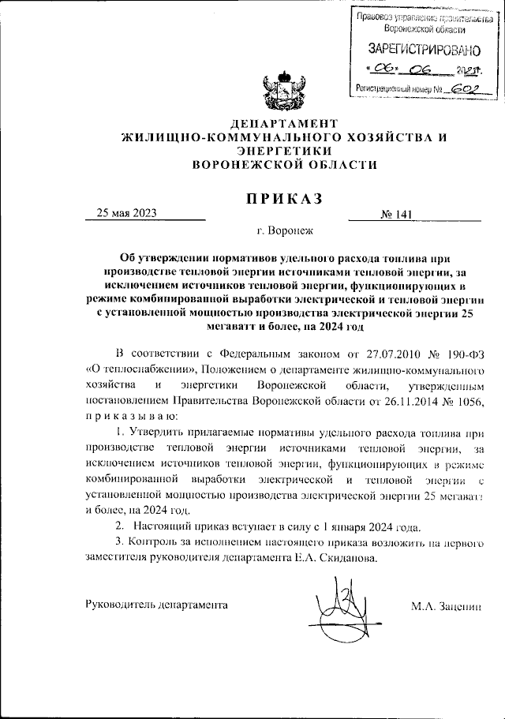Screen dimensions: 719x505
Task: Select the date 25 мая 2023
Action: pos(127,212)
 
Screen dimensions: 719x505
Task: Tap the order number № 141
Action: pos(397,214)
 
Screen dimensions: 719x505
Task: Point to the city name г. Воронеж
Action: pos(285,231)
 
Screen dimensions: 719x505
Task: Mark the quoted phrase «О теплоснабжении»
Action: pos(134,368)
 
